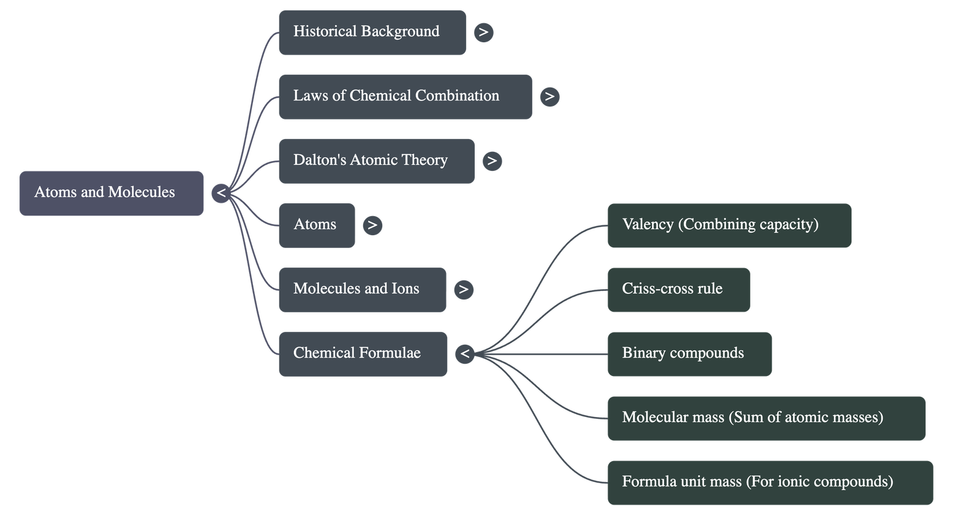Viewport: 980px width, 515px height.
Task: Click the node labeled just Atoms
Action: [316, 225]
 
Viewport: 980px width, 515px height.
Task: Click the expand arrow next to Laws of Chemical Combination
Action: [549, 97]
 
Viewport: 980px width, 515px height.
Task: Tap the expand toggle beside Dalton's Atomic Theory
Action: [492, 161]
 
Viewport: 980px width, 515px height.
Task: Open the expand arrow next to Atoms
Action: [372, 225]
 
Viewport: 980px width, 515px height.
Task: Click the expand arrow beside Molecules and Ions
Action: [464, 290]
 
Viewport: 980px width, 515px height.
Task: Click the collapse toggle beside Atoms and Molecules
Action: [221, 194]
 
